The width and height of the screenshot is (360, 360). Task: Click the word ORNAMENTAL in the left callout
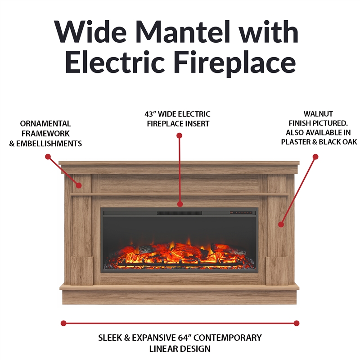click(x=45, y=123)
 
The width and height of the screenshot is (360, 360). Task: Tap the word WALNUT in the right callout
click(x=318, y=114)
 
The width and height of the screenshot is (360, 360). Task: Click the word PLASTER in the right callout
click(x=296, y=142)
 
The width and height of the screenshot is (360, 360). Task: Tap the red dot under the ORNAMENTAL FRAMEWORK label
click(x=48, y=157)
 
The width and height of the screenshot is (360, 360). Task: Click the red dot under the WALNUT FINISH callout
click(x=315, y=157)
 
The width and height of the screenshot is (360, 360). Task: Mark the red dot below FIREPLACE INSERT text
click(x=179, y=135)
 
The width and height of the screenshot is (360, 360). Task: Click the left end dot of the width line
click(x=63, y=323)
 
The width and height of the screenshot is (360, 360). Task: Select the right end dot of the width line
click(x=297, y=323)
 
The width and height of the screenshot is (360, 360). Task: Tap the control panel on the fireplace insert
click(x=241, y=212)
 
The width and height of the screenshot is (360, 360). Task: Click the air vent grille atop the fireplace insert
click(x=179, y=212)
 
